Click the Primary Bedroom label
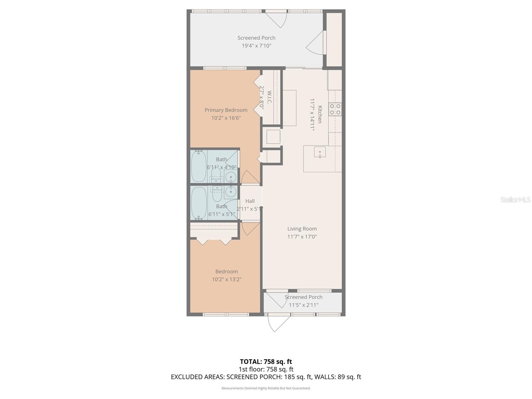[226, 110]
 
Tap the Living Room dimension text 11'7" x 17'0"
[302, 237]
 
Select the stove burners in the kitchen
[335, 109]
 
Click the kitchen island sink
[320, 152]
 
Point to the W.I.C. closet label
[269, 97]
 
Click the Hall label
[250, 201]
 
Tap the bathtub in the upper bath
[199, 166]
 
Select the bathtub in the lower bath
[199, 203]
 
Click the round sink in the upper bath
[231, 177]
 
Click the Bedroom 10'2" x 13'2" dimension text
[226, 279]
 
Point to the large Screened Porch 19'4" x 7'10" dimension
[256, 46]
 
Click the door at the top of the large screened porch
[276, 19]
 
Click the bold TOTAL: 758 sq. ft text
[266, 361]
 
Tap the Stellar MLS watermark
[515, 199]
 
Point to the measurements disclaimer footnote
[266, 388]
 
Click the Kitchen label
[320, 114]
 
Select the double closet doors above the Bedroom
[214, 242]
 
